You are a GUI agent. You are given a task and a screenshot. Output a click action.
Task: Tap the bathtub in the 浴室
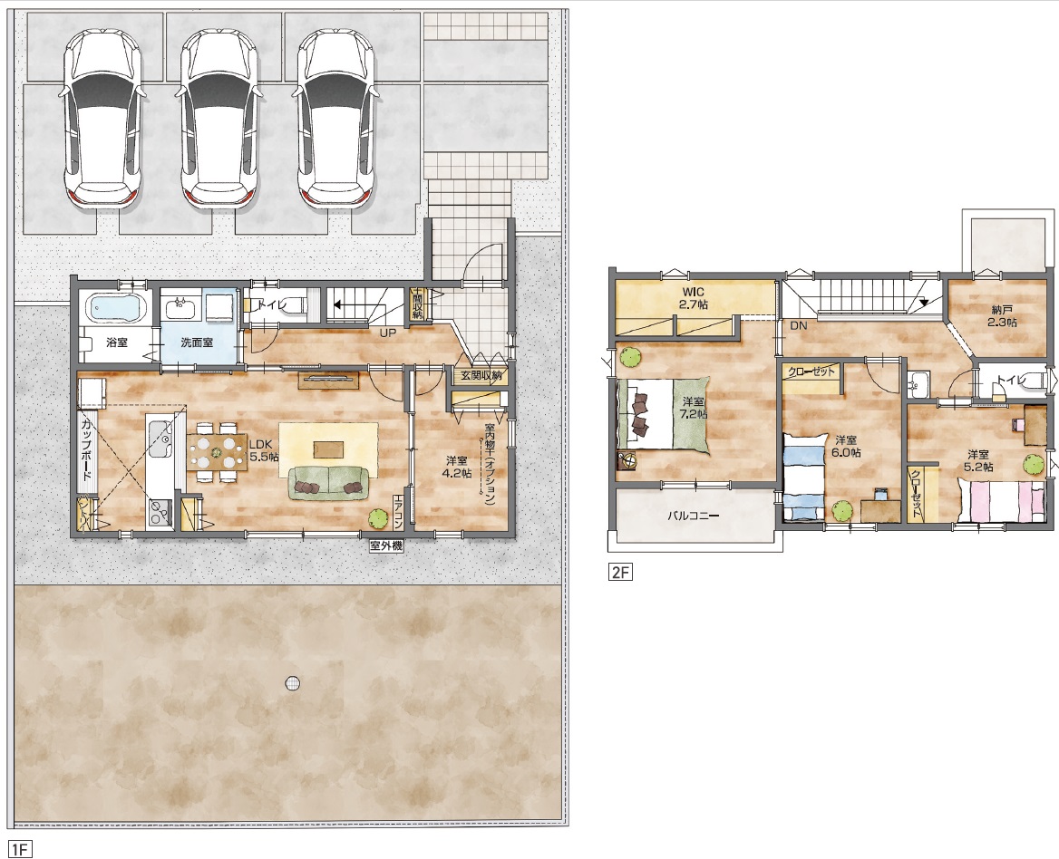point(117,308)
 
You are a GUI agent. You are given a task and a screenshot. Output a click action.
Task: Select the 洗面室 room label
point(197,343)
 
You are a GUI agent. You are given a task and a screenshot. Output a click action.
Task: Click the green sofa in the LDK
point(329,483)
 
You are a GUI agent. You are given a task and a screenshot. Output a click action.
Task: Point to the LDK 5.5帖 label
point(264,450)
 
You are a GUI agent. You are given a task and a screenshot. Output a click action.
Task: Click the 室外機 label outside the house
point(386,545)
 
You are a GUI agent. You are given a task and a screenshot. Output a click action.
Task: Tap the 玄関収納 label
point(481,375)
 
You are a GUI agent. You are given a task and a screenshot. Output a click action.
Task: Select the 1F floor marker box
point(20,849)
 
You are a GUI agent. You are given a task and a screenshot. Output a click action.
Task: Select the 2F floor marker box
point(621,573)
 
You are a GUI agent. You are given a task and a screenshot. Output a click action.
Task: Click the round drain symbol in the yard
point(292,683)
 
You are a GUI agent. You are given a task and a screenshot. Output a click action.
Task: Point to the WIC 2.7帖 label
point(693,298)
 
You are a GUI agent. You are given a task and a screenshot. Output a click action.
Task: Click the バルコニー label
point(694,516)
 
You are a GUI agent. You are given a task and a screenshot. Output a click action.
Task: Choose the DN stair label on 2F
point(799,325)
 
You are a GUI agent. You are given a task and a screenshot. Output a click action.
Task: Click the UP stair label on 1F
point(388,333)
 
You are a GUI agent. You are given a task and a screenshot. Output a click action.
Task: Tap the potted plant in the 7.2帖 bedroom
point(631,356)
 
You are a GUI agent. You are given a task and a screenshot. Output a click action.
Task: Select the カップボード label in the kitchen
point(87,450)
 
